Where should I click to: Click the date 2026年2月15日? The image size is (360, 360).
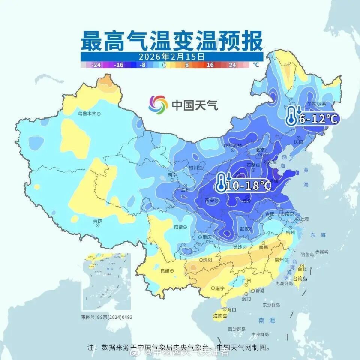tap(171, 57)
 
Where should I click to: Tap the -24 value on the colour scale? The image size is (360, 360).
tap(96, 65)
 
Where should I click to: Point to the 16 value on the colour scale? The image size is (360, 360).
tap(210, 65)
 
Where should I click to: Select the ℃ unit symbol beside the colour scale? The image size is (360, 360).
tap(256, 65)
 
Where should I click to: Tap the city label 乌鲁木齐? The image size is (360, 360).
tap(87, 113)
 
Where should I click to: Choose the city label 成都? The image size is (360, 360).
tap(179, 227)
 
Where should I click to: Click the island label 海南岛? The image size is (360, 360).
tap(220, 316)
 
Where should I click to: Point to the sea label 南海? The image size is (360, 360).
tap(267, 321)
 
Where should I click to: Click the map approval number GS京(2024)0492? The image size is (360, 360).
tap(106, 317)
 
